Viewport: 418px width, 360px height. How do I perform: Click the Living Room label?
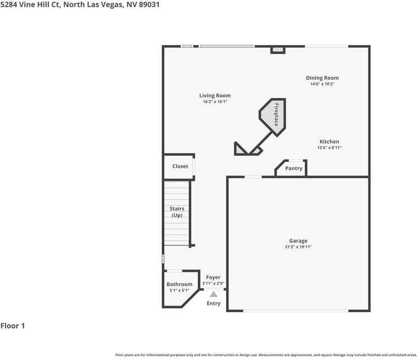click(215, 95)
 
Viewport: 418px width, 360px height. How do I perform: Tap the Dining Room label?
click(322, 78)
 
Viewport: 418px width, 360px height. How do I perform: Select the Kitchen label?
click(329, 141)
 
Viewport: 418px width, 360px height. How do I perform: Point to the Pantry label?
click(294, 168)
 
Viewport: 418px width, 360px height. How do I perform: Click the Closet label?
click(180, 166)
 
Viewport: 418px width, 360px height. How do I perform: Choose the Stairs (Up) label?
click(177, 212)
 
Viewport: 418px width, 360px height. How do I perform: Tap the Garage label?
click(298, 241)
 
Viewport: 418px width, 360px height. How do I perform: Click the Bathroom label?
click(179, 284)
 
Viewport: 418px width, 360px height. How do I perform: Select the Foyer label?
click(213, 277)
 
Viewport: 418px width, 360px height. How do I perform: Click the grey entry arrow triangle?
click(213, 294)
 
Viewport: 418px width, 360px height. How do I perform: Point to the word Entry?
click(213, 303)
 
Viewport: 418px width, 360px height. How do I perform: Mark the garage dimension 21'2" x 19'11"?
click(298, 247)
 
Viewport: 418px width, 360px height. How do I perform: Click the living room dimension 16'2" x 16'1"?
click(215, 102)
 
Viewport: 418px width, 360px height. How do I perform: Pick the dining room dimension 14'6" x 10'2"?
click(322, 84)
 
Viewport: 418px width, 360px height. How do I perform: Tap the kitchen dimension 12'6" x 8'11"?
click(329, 148)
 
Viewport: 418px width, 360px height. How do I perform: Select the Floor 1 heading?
click(13, 326)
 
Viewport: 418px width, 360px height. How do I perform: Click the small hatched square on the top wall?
click(278, 50)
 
